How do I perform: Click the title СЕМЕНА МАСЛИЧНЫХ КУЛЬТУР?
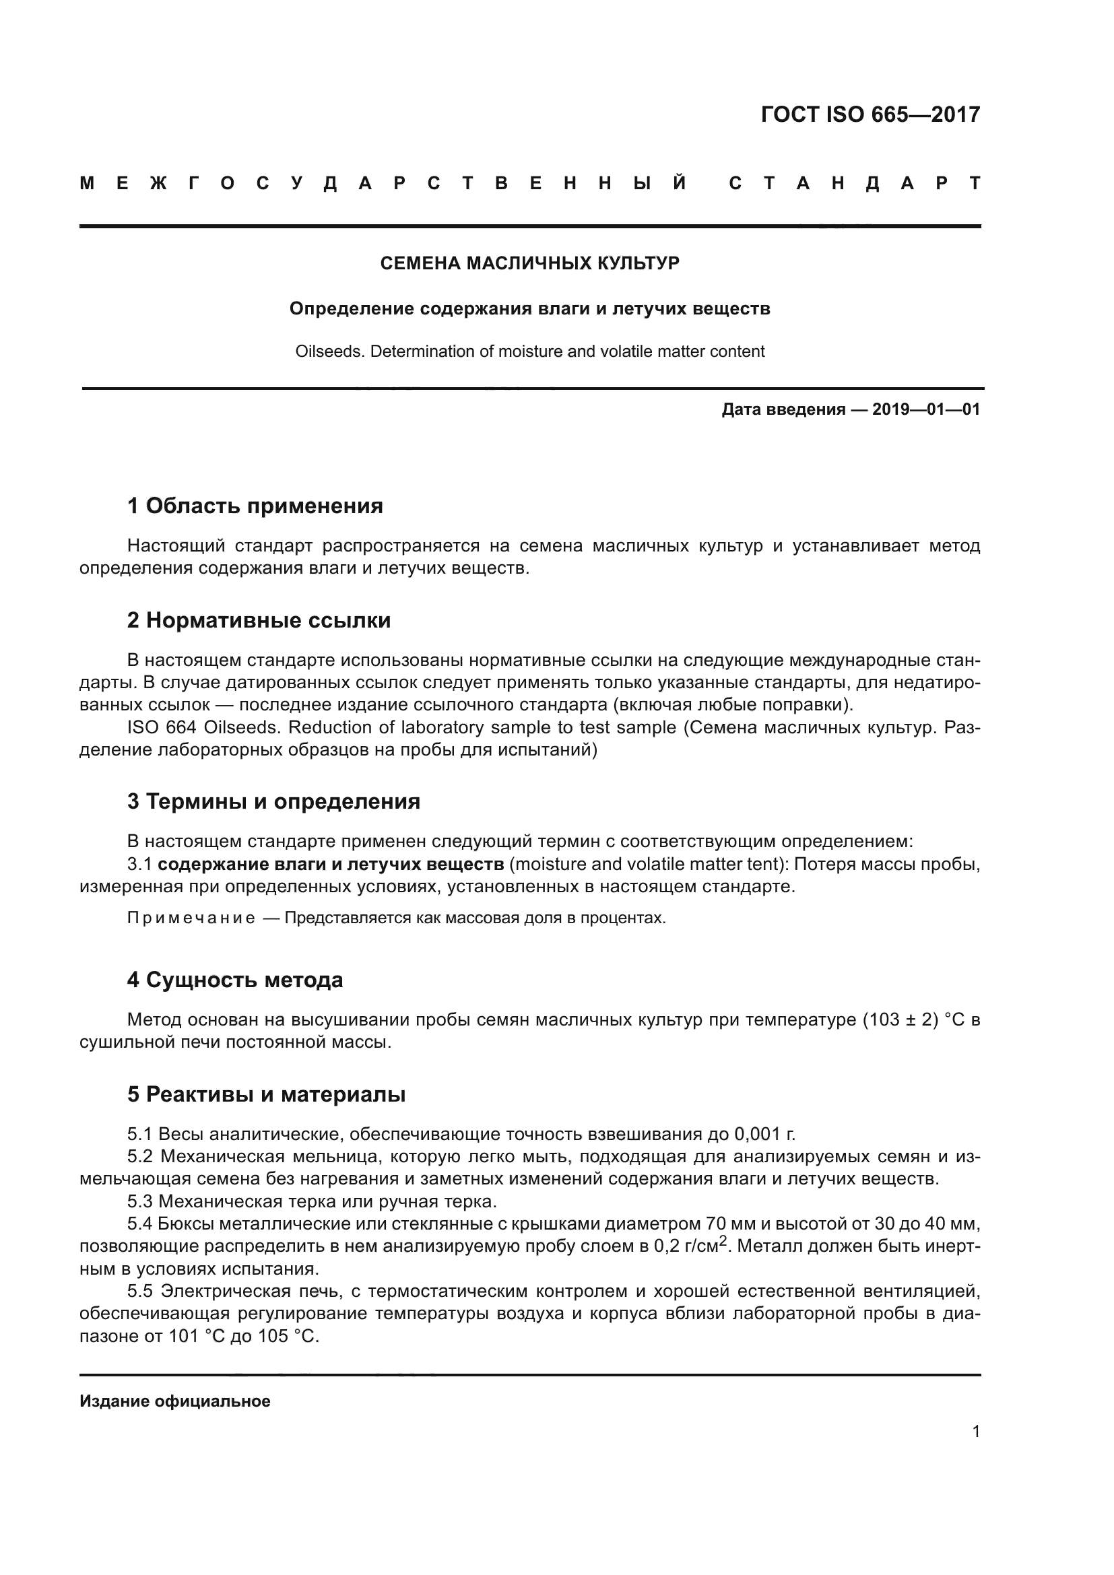pos(529,263)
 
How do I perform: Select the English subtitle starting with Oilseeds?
pos(529,351)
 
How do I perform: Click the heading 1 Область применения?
pos(255,506)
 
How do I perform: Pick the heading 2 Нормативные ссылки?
pos(259,620)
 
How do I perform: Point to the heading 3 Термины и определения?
pos(273,801)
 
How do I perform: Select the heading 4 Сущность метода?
pos(234,980)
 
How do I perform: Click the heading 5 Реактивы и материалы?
pos(266,1094)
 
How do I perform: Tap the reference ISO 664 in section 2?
pos(162,727)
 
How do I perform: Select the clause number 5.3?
pos(140,1201)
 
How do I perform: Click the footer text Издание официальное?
pos(175,1401)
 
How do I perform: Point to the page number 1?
pos(976,1431)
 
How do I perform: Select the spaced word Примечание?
pos(191,918)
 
